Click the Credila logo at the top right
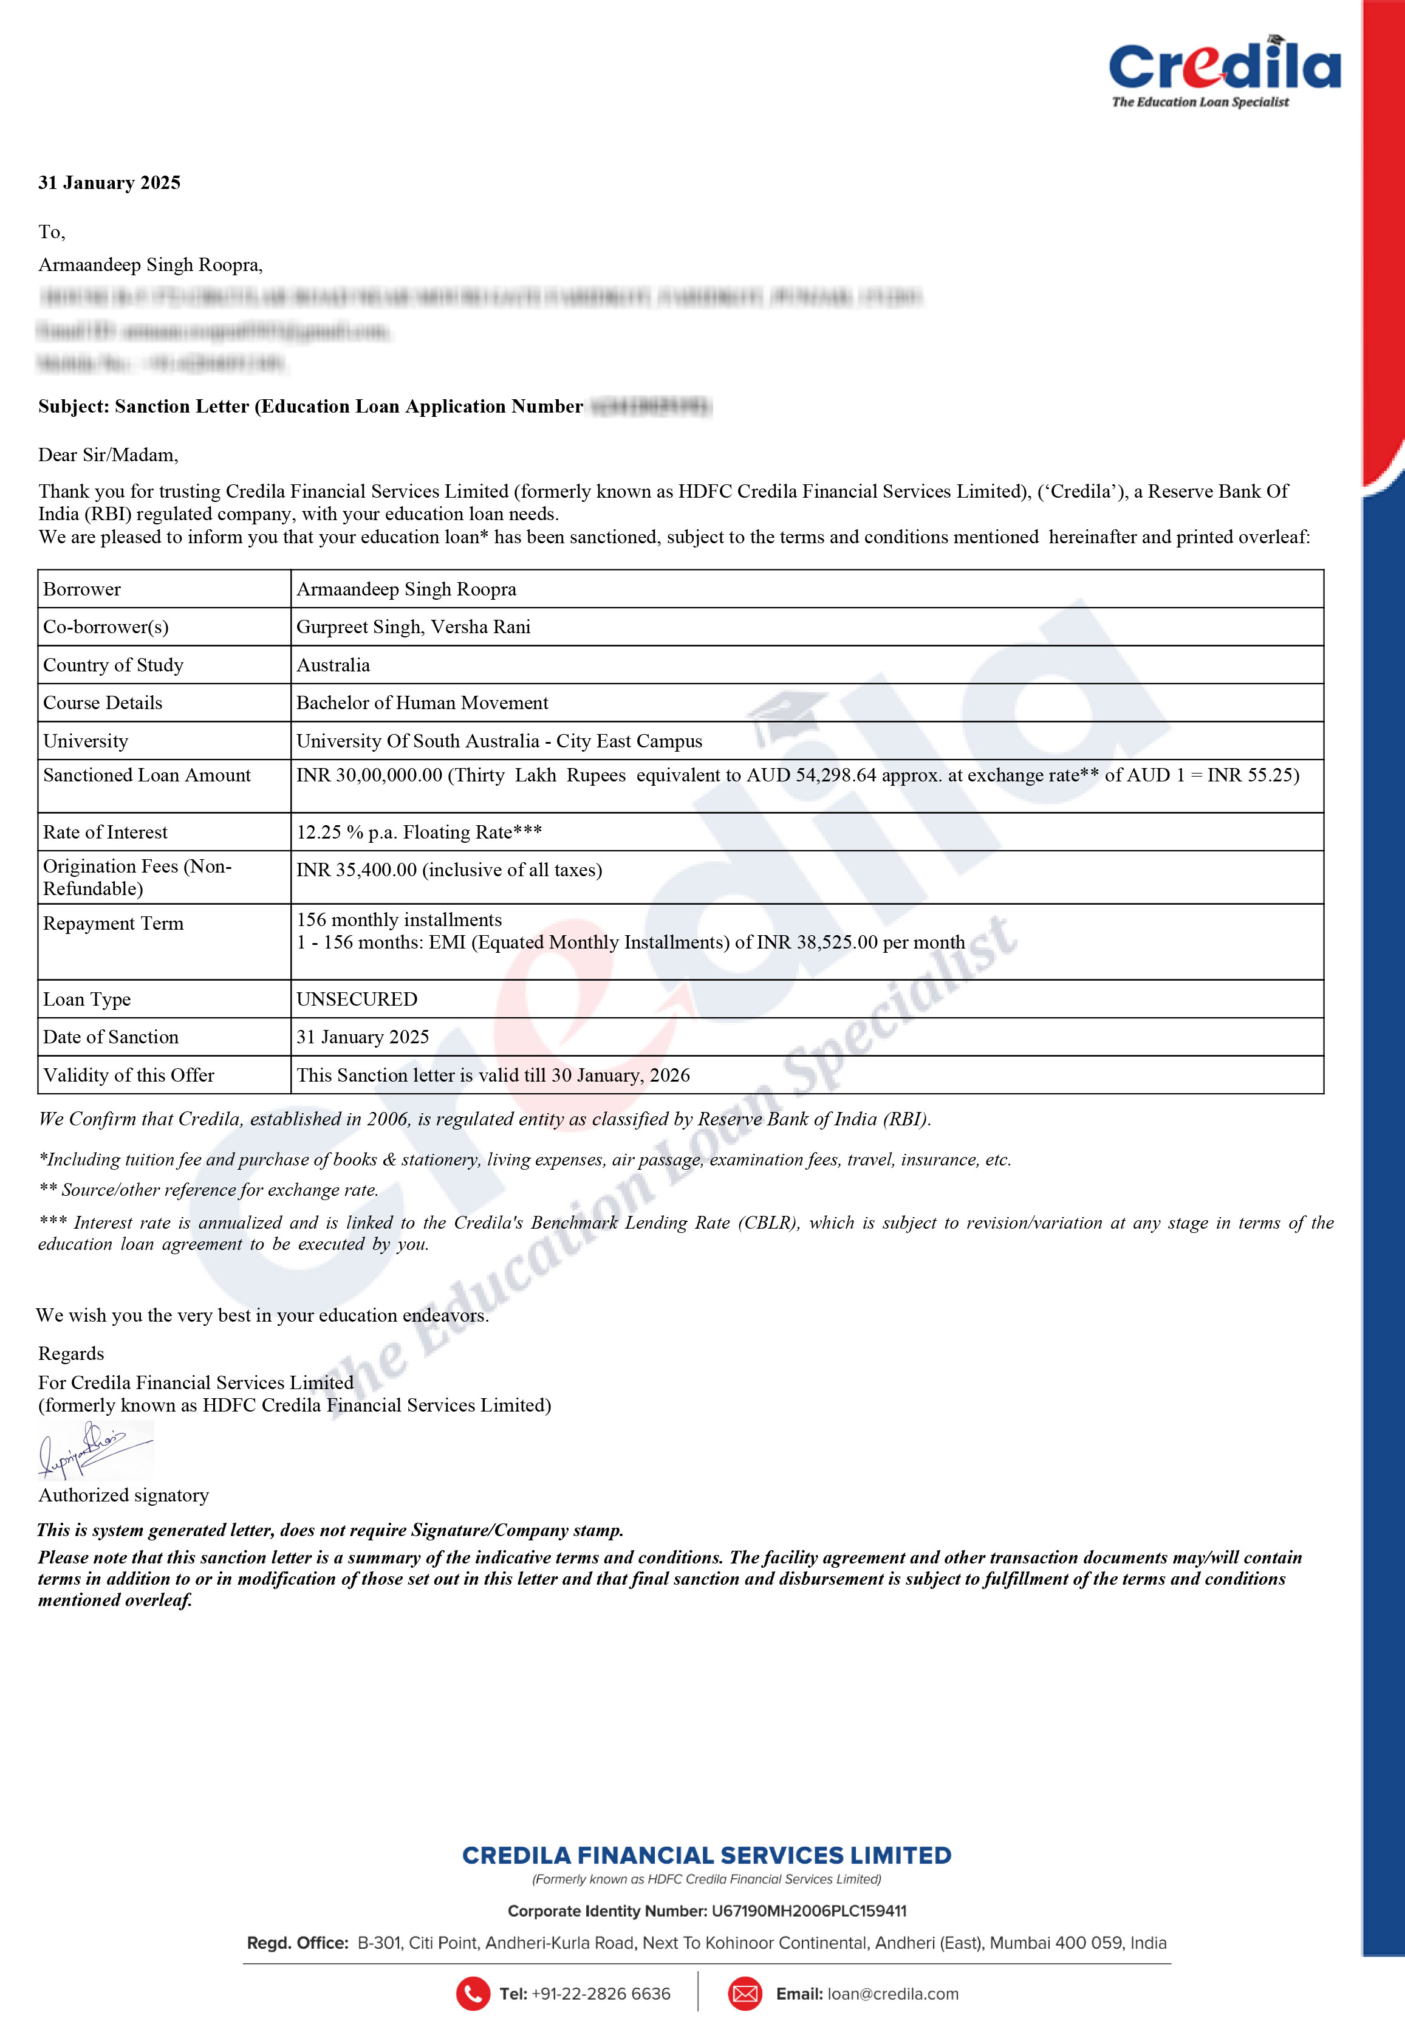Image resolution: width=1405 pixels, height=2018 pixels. click(1224, 70)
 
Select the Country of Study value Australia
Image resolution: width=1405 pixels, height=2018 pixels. click(333, 665)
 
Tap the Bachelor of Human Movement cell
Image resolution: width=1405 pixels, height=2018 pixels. click(422, 703)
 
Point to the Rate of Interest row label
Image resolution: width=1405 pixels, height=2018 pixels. click(106, 832)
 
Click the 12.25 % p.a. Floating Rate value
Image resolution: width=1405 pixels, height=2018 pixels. click(419, 832)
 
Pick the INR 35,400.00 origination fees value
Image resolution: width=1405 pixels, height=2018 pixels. click(449, 870)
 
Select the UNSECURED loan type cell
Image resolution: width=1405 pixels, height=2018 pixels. click(357, 1000)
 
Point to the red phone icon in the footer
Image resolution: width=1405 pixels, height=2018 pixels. click(473, 1993)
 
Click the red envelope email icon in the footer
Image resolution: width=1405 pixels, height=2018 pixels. click(745, 1993)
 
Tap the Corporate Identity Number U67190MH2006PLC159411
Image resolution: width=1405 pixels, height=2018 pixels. click(808, 1911)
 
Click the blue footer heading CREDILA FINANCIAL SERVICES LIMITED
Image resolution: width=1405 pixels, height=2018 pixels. click(706, 1855)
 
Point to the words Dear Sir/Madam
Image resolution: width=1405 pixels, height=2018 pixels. click(108, 455)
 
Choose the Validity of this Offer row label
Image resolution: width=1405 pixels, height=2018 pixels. click(128, 1076)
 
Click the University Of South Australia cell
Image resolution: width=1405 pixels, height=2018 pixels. click(499, 741)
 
